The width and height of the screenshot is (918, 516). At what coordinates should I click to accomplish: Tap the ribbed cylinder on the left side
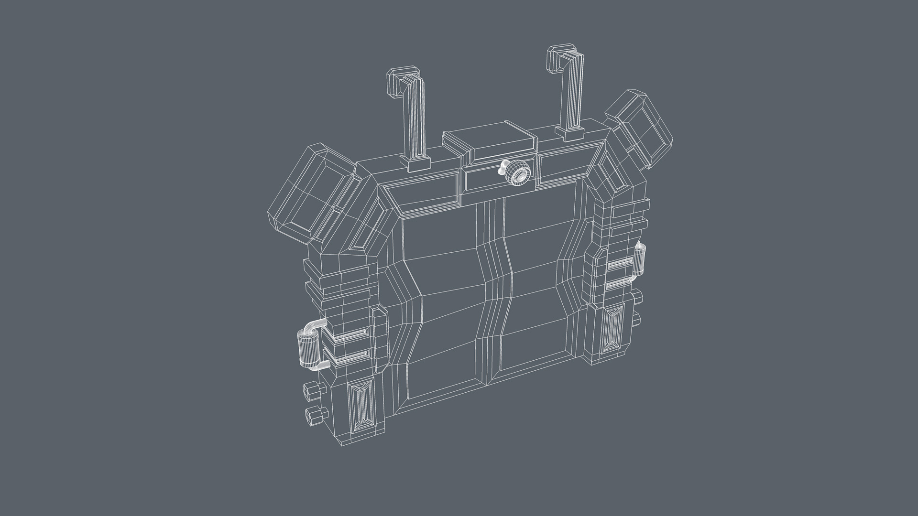pos(306,349)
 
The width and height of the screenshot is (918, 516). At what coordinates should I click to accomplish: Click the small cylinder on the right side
pos(640,261)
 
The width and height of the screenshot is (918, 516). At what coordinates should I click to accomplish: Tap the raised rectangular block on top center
pos(497,142)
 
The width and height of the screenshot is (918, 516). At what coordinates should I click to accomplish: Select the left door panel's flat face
pos(445,306)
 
